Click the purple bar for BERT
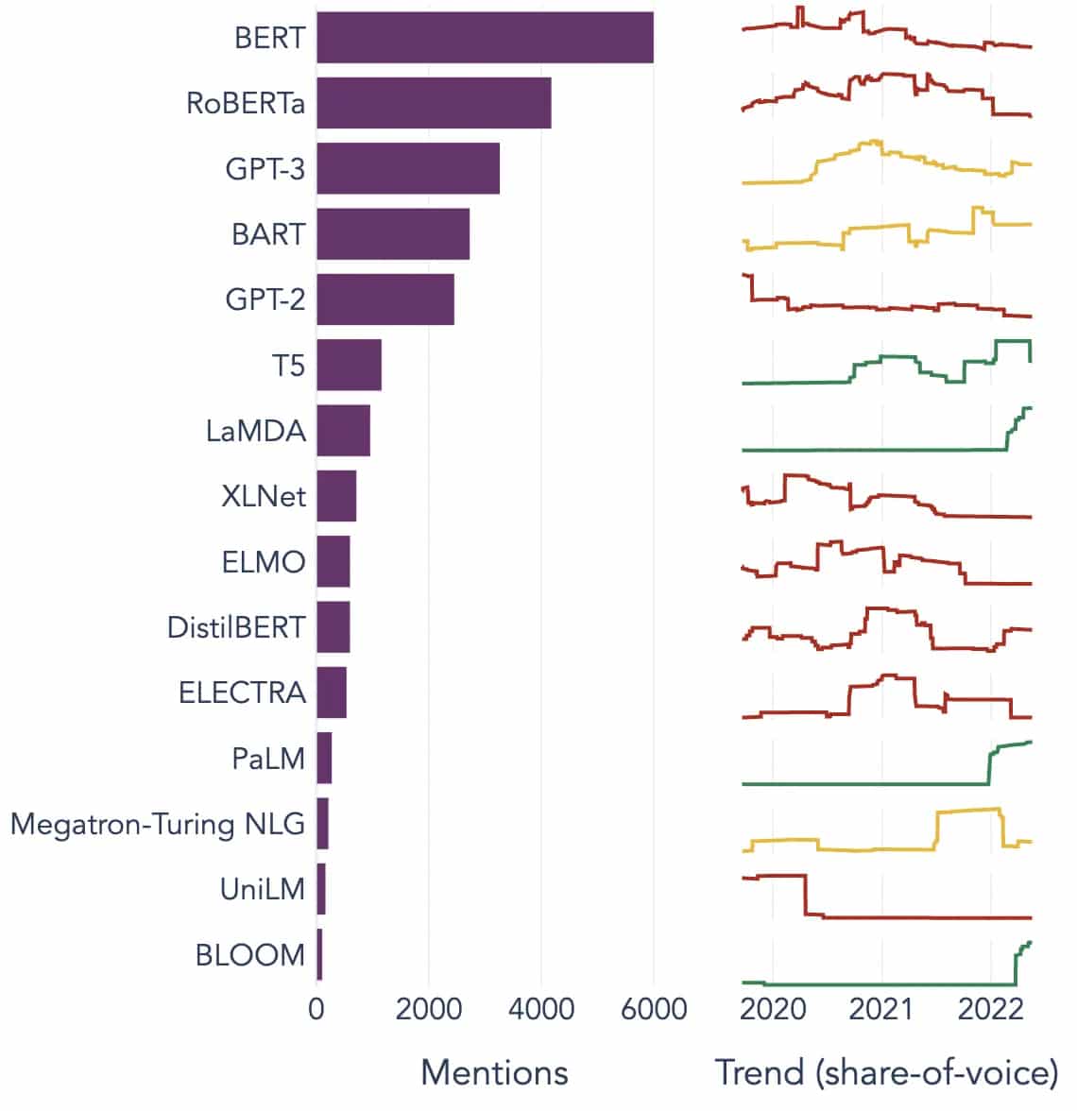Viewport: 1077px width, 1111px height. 485,38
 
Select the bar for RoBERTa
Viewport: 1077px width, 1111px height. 434,103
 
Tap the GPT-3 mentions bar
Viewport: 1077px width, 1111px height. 408,168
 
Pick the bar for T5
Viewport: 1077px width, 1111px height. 349,365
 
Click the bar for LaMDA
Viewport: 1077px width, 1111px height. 343,431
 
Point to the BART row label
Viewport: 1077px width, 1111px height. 268,234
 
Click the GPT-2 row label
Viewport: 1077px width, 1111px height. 265,299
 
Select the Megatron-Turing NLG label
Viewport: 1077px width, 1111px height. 158,824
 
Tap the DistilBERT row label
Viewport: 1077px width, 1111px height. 236,627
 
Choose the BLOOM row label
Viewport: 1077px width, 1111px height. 250,955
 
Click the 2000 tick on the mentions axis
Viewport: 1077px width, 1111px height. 429,1009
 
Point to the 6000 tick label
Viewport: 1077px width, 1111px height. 653,1009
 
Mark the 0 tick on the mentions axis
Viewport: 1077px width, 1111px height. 316,1009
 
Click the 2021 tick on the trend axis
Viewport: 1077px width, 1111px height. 880,1009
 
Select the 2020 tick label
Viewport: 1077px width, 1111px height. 772,1009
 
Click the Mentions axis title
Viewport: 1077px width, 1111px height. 494,1072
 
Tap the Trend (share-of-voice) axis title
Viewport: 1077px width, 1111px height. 886,1072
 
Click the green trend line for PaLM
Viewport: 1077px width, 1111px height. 850,783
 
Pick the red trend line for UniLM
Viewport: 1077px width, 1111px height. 907,917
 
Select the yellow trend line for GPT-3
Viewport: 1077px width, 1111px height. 907,157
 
